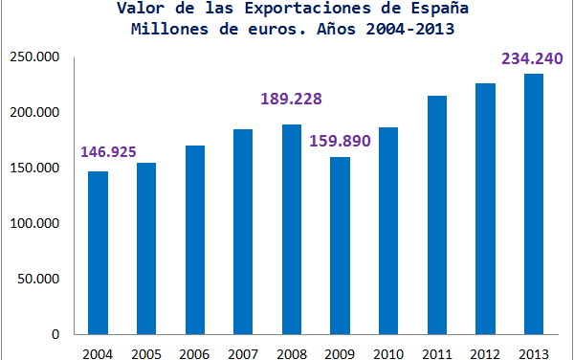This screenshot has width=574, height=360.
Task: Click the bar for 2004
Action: point(98,253)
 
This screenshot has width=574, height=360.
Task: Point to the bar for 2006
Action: point(195,240)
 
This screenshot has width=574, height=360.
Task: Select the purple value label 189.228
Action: point(293,100)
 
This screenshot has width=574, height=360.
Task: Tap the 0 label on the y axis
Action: point(56,335)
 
